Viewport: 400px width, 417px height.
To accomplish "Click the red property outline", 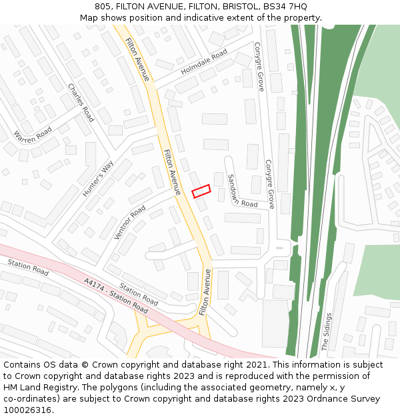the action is [201, 191].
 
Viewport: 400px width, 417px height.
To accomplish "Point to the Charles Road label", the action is [81, 102].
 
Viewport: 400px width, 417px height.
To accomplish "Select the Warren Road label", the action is [32, 134].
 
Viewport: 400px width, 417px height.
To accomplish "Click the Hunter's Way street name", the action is [98, 179].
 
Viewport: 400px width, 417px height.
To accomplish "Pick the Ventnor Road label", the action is [129, 222].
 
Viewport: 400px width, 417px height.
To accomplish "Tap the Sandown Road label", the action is [241, 190].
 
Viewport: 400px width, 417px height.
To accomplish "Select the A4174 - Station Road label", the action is [116, 296].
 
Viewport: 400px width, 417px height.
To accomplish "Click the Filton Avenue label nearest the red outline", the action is [171, 171].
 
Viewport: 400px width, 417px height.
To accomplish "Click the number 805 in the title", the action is [103, 7].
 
